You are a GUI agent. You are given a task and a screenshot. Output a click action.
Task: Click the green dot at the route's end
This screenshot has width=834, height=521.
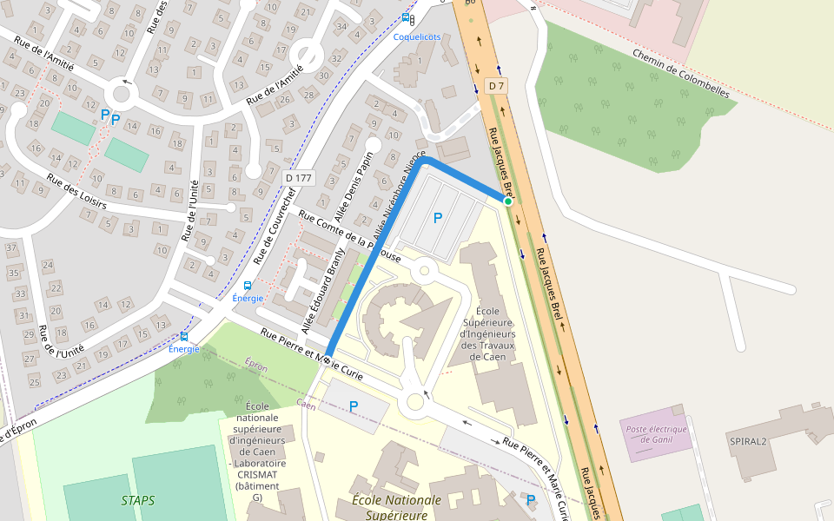click(x=508, y=201)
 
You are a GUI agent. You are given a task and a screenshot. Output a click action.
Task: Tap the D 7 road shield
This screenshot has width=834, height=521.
click(x=496, y=86)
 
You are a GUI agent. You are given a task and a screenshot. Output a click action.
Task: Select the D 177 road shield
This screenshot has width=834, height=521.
click(x=298, y=178)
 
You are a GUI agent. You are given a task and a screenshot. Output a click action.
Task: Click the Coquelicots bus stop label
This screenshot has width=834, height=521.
click(x=416, y=36)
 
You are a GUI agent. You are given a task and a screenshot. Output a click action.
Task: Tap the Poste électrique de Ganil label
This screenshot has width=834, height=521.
click(x=656, y=434)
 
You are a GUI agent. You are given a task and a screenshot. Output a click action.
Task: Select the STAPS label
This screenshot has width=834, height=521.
click(x=138, y=500)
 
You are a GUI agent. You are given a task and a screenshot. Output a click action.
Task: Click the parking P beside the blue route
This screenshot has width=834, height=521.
click(x=438, y=218)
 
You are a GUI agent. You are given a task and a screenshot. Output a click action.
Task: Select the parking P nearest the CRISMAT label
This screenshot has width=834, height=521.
click(x=354, y=406)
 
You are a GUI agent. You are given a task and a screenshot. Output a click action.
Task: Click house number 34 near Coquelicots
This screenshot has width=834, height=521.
click(x=341, y=26)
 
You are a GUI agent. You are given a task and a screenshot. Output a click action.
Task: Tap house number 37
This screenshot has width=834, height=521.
click(x=11, y=248)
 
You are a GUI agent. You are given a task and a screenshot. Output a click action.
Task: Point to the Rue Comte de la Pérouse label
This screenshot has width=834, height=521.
click(x=349, y=236)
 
